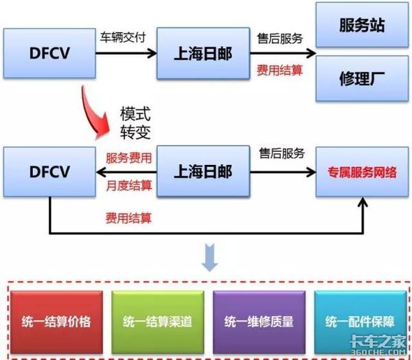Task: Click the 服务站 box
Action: point(361,25)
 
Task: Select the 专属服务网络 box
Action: point(361,172)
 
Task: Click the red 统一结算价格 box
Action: point(57,320)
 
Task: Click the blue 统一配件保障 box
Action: point(355,320)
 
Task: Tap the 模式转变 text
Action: point(135,121)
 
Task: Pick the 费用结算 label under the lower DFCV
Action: point(128,218)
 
